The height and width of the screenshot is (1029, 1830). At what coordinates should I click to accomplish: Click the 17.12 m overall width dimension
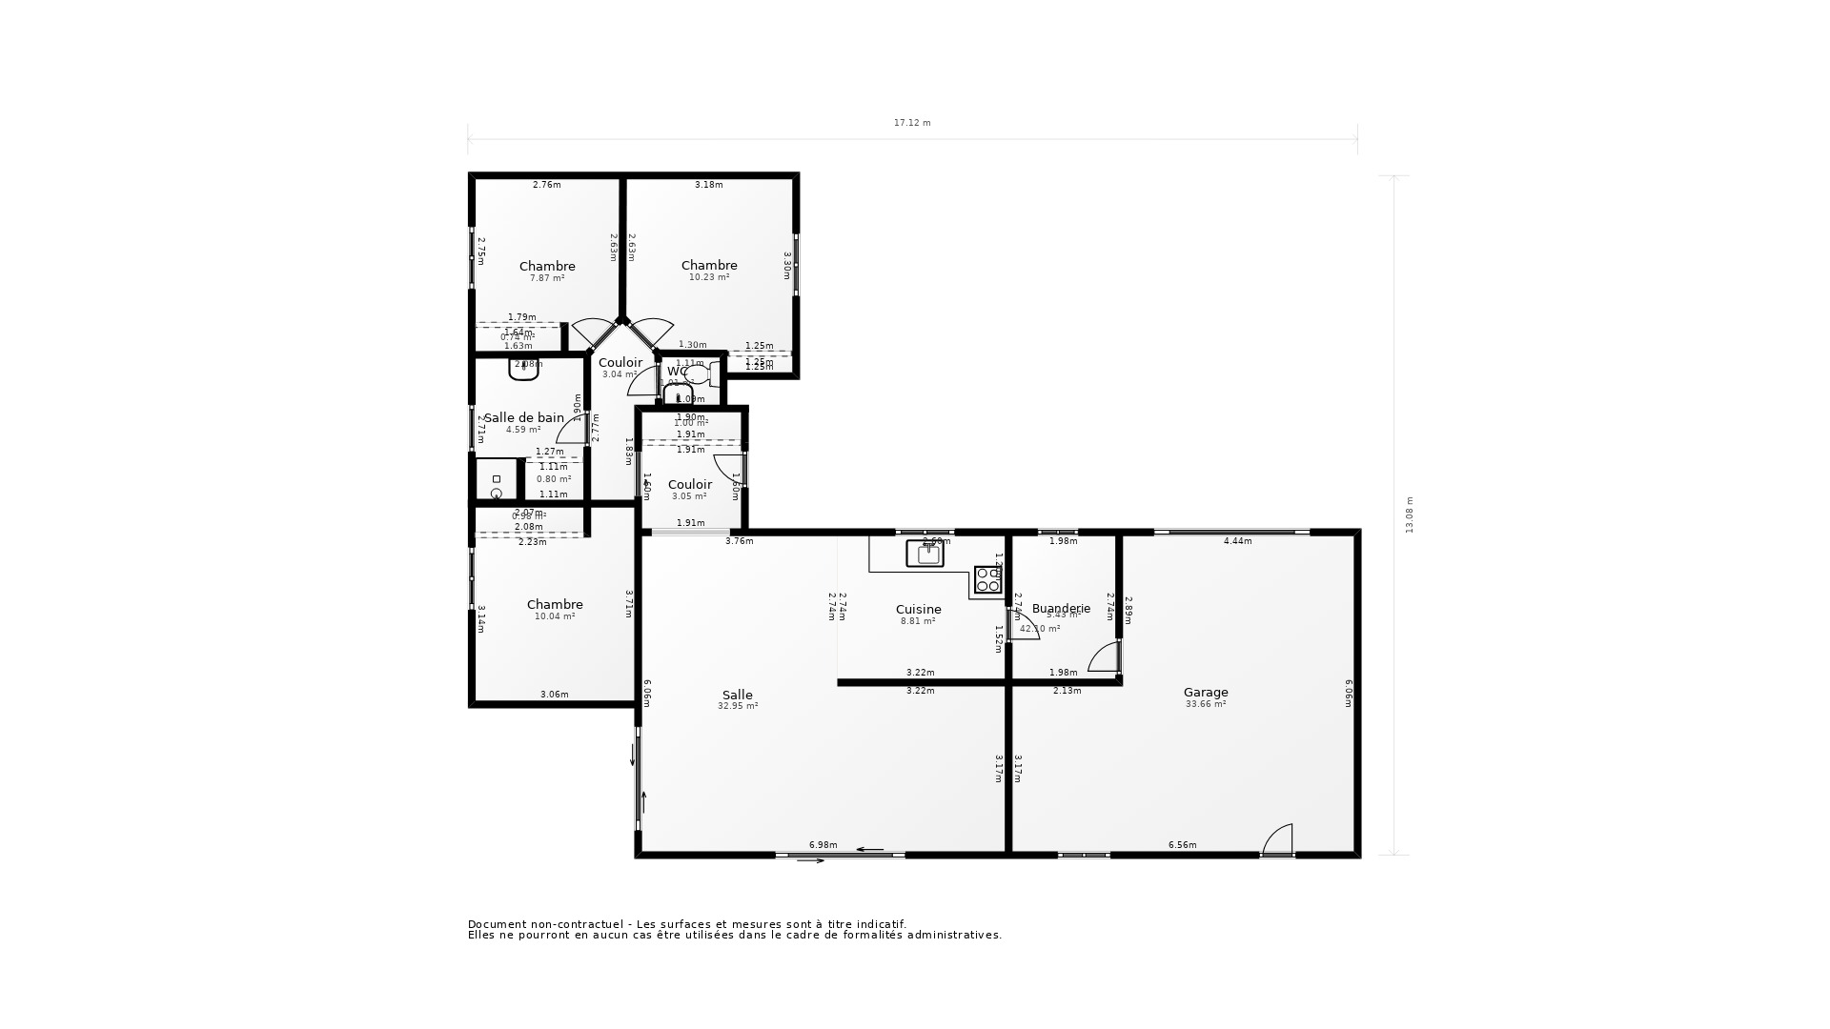click(x=912, y=123)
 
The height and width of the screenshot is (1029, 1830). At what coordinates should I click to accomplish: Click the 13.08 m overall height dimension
click(x=1410, y=514)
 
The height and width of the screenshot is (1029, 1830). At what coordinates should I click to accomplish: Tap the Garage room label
click(x=1206, y=693)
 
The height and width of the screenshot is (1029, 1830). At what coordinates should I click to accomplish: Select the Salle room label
click(x=737, y=696)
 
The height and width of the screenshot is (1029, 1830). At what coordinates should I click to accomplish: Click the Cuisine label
click(x=918, y=610)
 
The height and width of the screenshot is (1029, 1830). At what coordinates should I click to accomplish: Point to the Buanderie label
click(x=1061, y=608)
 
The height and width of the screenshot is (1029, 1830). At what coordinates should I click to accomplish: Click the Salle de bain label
click(x=524, y=417)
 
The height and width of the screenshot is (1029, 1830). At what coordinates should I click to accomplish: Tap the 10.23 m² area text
click(x=709, y=277)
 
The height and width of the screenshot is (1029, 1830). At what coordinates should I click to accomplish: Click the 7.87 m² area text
click(x=547, y=278)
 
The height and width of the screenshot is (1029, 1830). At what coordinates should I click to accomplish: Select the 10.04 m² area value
click(x=555, y=616)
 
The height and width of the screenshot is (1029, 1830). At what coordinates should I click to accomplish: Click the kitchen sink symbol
click(x=925, y=554)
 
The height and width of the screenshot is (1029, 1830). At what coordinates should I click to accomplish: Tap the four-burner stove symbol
click(x=987, y=579)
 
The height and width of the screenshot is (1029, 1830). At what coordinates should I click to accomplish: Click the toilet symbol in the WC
click(x=700, y=374)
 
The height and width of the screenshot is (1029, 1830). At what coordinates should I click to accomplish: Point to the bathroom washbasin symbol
click(x=523, y=371)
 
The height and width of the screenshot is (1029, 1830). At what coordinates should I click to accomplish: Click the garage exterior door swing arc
click(x=1278, y=838)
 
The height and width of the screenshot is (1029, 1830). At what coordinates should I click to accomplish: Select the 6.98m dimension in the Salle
click(x=823, y=845)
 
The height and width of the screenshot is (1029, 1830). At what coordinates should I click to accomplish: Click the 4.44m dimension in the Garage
click(x=1237, y=541)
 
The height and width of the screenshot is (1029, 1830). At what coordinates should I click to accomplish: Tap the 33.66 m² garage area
click(x=1206, y=704)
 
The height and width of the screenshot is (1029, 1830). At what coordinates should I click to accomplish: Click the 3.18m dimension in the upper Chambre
click(x=708, y=185)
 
